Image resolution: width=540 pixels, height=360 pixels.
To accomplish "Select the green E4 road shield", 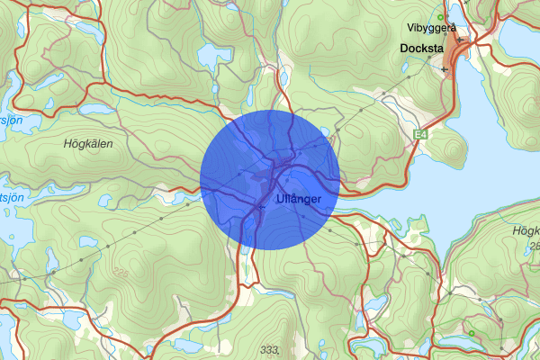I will pos(419,135).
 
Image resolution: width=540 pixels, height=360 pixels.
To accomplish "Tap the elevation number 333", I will pos(269,348).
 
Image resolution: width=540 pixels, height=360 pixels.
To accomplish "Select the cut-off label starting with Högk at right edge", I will pos(525,231).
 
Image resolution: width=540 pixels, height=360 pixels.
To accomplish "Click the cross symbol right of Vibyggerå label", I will pos(459,40).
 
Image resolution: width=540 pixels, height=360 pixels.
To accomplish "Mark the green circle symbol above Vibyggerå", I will pos(439,17).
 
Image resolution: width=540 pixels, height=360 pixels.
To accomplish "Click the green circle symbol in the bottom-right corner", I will pos(471,334).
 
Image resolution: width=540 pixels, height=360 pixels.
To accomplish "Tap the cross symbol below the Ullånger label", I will pos(262,208).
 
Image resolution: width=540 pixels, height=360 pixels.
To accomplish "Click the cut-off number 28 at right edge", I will pos(535,246).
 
